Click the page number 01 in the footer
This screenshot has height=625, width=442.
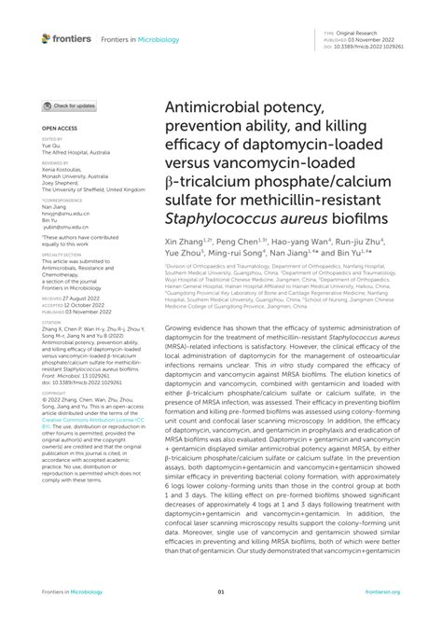(x=221, y=591)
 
